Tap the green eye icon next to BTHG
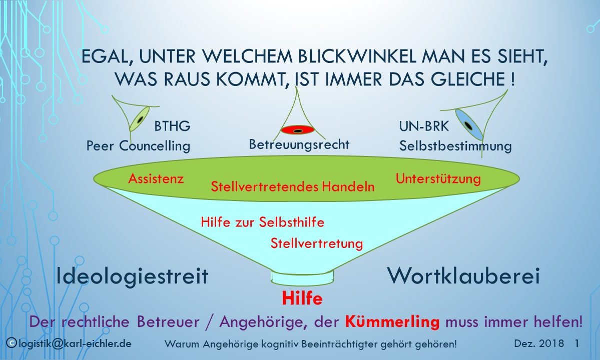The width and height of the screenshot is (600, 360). coord(140,118)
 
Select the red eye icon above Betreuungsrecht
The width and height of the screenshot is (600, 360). coord(298,130)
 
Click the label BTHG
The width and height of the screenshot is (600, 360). coord(172,126)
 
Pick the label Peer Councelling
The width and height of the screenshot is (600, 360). coord(138,145)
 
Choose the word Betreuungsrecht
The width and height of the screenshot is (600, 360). coord(299,144)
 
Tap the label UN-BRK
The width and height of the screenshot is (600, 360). coord(424,126)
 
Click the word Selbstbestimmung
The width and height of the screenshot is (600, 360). coord(455,146)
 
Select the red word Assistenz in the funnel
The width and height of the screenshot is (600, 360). coord(156,178)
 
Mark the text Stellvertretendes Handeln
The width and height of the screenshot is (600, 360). coord(293,186)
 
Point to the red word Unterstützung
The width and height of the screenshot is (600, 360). coord(438,178)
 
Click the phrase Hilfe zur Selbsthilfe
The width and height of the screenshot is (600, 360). coord(263,222)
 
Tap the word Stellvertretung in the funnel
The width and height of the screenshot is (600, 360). coord(317,243)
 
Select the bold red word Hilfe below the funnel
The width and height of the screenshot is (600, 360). coord(302,298)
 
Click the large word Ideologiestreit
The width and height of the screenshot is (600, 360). coord(133,276)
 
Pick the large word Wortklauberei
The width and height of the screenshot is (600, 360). coord(463,275)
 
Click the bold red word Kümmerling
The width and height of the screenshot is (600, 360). coord(392,321)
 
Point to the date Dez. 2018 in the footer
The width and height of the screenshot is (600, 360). coord(539,343)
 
